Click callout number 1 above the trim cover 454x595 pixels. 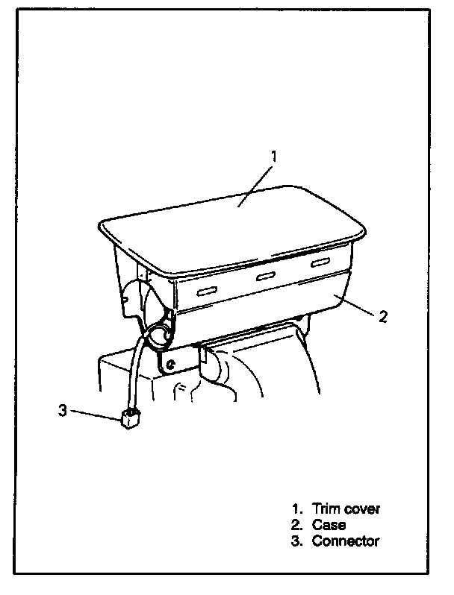[x=274, y=157]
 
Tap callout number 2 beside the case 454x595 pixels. [x=383, y=317]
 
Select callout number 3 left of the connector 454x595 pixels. [x=63, y=410]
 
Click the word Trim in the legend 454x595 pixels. [x=326, y=509]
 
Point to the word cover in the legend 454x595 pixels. [x=361, y=509]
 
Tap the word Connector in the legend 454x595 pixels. [x=346, y=541]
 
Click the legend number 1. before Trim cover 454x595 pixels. [x=296, y=509]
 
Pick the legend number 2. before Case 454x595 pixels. [x=296, y=525]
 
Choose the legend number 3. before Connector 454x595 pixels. [x=296, y=541]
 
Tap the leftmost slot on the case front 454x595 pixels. [x=207, y=289]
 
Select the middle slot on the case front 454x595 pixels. [x=265, y=277]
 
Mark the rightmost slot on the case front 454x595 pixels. [x=322, y=263]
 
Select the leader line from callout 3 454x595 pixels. [x=94, y=415]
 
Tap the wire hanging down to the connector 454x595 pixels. [x=135, y=373]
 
